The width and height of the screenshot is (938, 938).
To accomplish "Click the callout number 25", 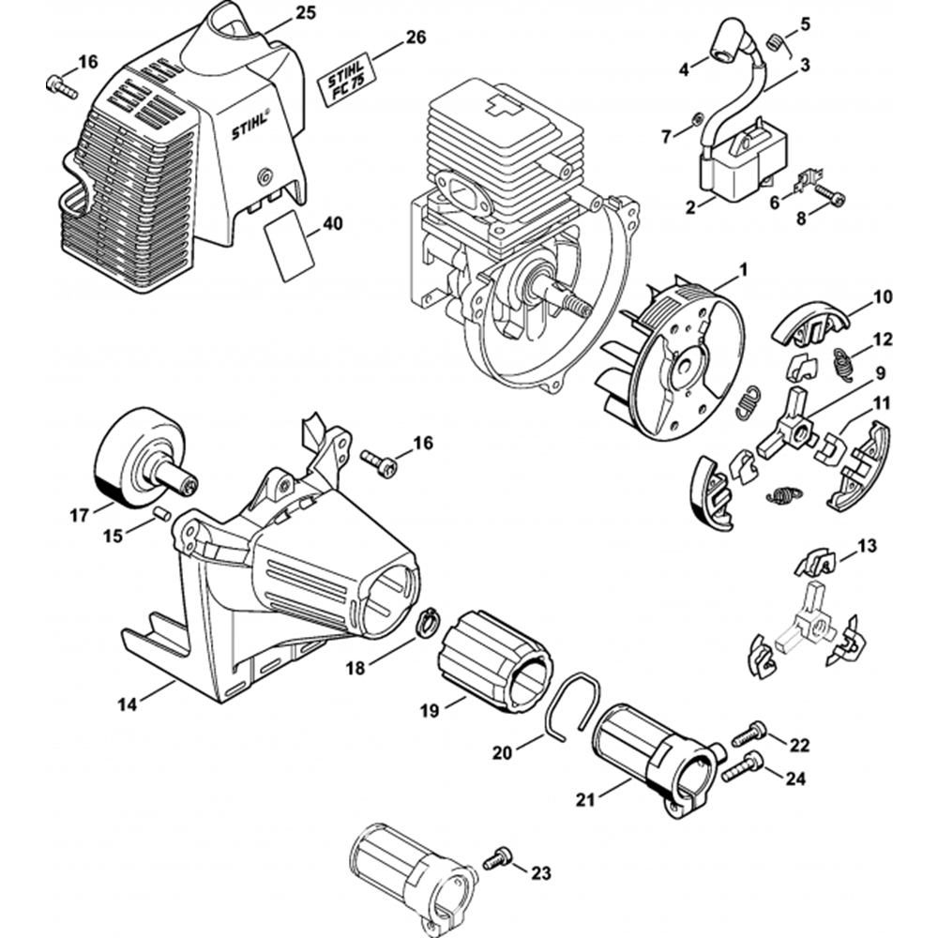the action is (x=306, y=12).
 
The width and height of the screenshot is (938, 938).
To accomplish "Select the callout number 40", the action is (x=333, y=224).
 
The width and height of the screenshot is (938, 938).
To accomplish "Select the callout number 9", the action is (x=881, y=374).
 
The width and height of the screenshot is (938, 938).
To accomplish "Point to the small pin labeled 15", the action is (x=161, y=513).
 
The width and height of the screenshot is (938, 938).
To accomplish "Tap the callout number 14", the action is (x=127, y=704).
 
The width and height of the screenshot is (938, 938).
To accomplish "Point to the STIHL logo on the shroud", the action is (x=251, y=131).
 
